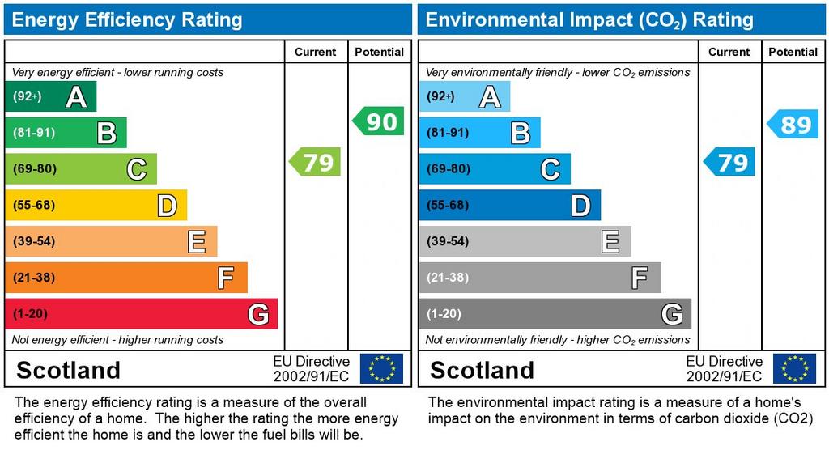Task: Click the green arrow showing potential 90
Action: click(379, 121)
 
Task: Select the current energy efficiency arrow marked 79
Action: click(316, 162)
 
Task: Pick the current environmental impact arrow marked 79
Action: click(730, 162)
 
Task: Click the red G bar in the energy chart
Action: click(141, 314)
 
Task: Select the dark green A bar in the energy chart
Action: click(50, 97)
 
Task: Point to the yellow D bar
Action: click(96, 206)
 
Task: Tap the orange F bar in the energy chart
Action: click(125, 278)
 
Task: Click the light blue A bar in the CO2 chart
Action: click(464, 97)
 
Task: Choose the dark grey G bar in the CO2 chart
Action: click(555, 314)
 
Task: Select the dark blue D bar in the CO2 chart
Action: click(509, 206)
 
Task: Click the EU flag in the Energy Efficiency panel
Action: click(381, 368)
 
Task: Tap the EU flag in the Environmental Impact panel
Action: click(794, 368)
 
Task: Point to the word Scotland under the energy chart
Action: click(68, 371)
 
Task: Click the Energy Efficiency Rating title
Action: click(127, 20)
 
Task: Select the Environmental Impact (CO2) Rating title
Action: click(589, 20)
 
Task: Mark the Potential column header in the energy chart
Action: click(379, 52)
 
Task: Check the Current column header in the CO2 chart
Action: click(729, 52)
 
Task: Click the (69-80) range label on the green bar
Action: click(34, 169)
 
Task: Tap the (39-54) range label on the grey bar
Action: click(448, 241)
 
